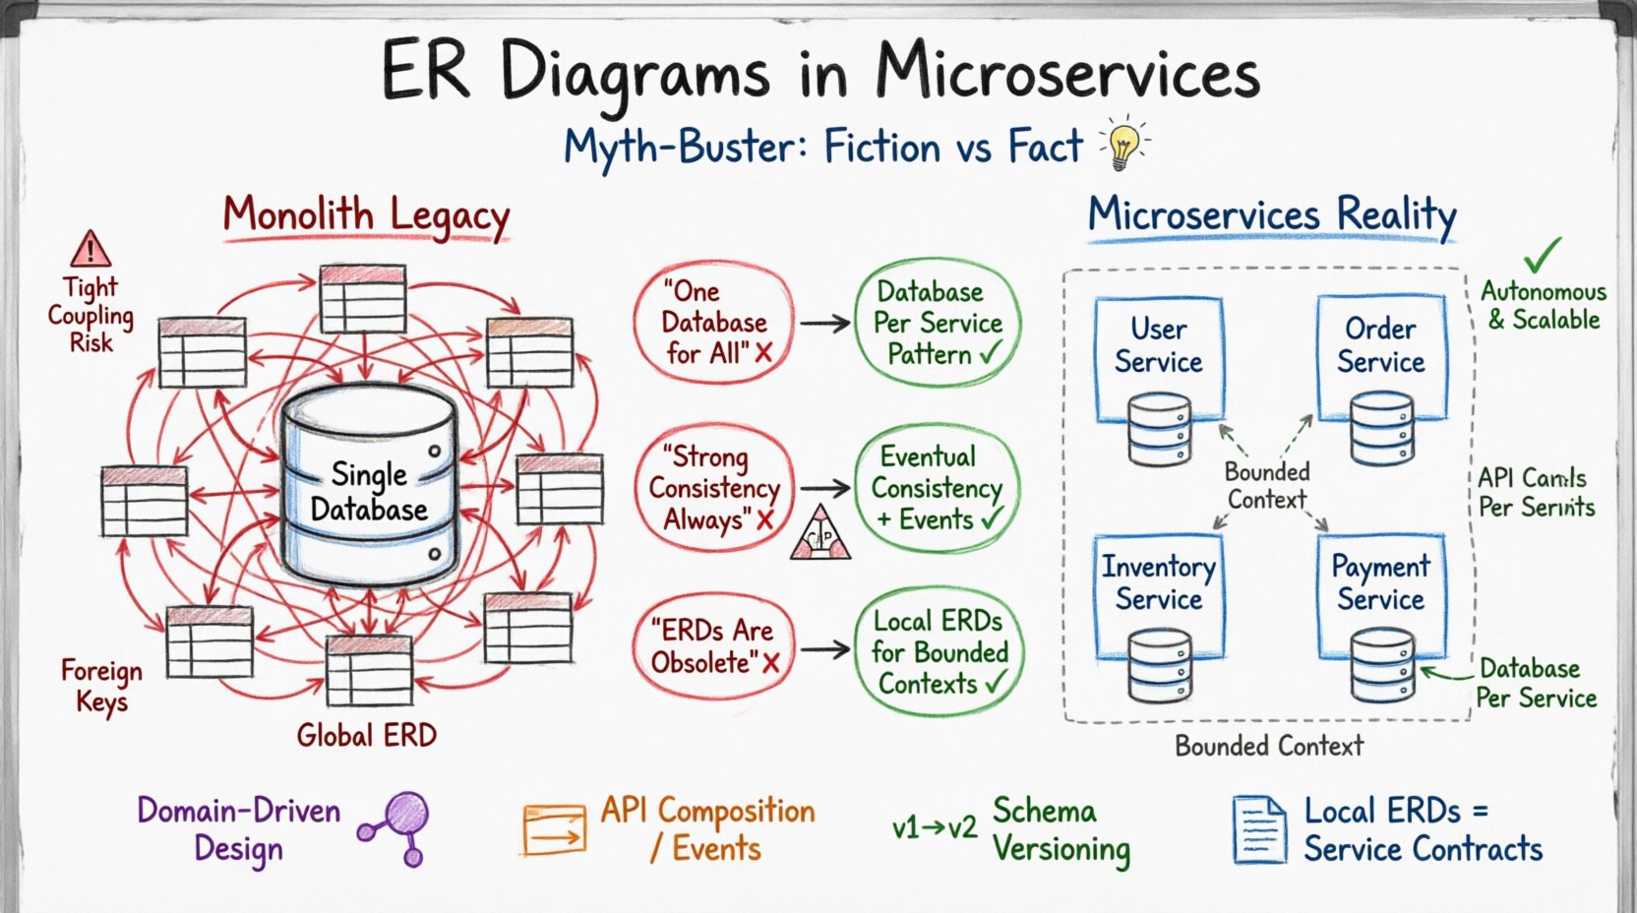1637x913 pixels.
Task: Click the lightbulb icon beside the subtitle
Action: click(1123, 144)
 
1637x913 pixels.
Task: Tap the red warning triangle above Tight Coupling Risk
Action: click(91, 249)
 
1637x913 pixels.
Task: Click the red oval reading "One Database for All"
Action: click(714, 323)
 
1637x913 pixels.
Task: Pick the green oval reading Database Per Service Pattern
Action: click(937, 323)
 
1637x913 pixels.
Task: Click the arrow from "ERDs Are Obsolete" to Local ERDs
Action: click(824, 649)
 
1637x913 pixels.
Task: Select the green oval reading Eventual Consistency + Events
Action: click(937, 488)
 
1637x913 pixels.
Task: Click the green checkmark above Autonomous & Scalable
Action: click(1542, 255)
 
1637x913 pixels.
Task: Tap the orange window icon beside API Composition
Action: click(555, 829)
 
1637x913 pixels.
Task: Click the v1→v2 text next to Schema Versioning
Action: click(934, 828)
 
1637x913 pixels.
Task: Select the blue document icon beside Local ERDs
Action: click(1259, 829)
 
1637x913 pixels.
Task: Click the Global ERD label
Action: click(366, 735)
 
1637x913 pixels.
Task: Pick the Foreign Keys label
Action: click(101, 687)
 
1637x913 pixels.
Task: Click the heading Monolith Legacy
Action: click(366, 215)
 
